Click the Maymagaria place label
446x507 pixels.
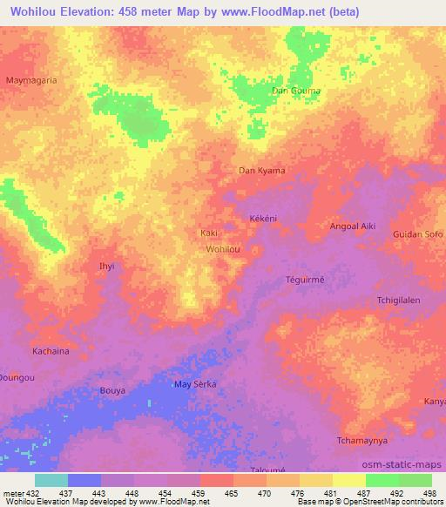(x=32, y=79)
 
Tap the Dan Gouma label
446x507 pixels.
(x=296, y=91)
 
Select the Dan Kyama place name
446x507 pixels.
(x=262, y=171)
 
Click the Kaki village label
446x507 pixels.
(x=208, y=233)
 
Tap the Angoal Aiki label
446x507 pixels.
(x=353, y=226)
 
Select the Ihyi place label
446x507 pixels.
(x=107, y=265)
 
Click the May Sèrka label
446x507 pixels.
(x=195, y=384)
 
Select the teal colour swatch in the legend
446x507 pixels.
(x=51, y=480)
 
